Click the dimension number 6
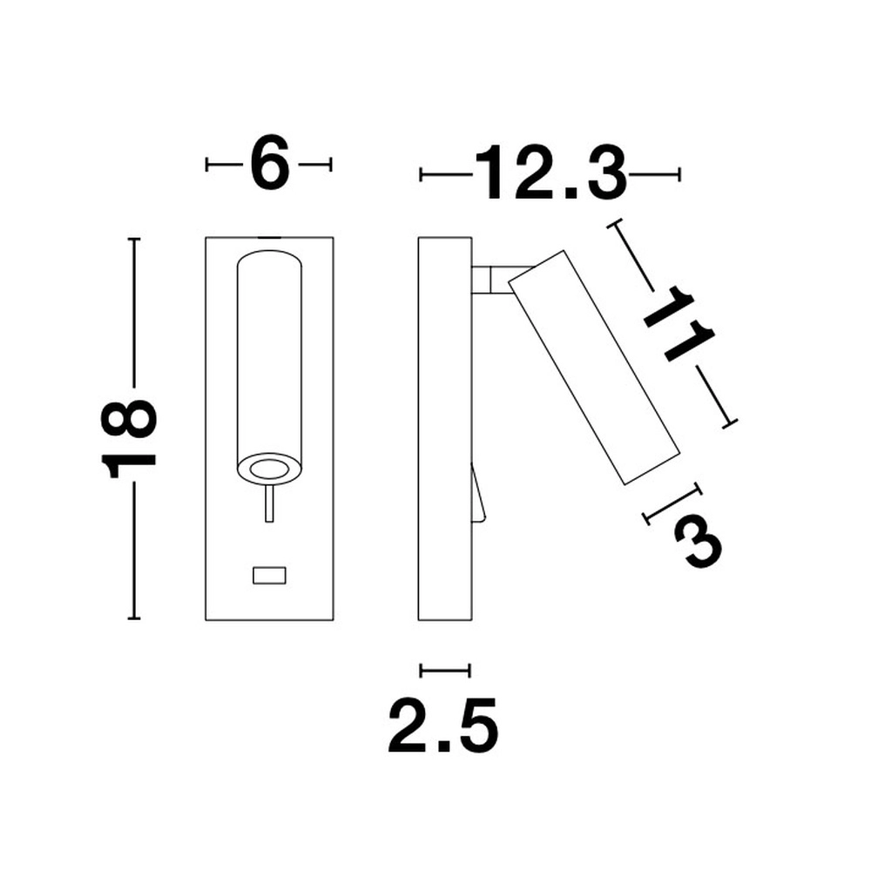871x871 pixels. [x=269, y=164]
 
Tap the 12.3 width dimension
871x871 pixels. [x=550, y=174]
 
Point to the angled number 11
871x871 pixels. [x=679, y=327]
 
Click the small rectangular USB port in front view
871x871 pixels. [x=269, y=575]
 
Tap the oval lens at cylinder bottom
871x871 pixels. [x=269, y=469]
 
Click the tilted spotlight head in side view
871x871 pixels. [x=593, y=366]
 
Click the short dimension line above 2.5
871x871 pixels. [x=445, y=670]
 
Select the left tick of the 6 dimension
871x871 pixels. [x=207, y=165]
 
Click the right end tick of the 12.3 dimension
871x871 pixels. [x=679, y=175]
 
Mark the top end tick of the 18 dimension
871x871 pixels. [x=133, y=239]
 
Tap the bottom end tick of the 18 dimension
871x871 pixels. [x=133, y=618]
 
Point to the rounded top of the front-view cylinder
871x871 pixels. [x=269, y=260]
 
